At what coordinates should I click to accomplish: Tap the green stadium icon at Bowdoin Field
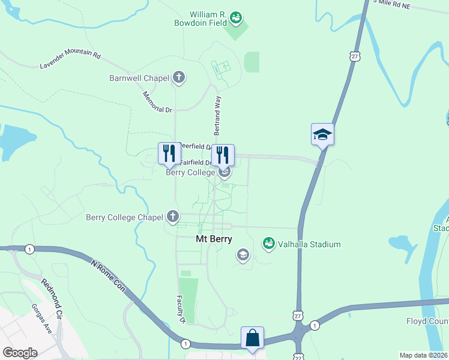236,19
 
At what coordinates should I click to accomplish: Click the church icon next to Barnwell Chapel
178,77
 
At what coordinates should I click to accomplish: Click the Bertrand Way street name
218,115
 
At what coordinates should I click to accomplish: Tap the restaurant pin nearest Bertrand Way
223,155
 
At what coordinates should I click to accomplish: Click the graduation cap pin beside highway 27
322,134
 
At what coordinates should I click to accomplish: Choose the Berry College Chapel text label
125,217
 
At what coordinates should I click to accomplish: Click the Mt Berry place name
213,239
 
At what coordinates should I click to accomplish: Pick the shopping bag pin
253,337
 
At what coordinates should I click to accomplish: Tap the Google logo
20,352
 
